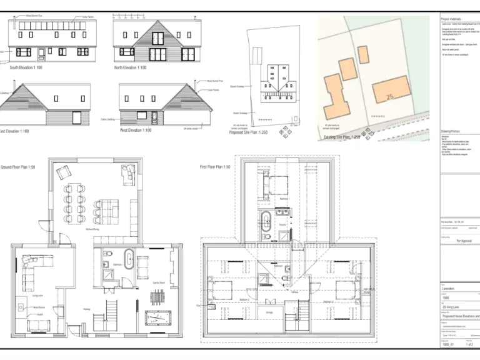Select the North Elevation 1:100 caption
(x=130, y=67)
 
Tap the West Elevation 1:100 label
(x=136, y=131)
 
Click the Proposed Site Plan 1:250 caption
(x=248, y=132)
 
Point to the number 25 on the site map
(x=391, y=97)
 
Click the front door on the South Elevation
(x=41, y=54)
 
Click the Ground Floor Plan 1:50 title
(x=17, y=167)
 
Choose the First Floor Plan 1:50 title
(x=215, y=167)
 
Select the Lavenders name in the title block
(x=448, y=289)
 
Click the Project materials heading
(x=451, y=19)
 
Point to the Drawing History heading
(x=450, y=131)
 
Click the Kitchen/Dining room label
(x=94, y=229)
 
